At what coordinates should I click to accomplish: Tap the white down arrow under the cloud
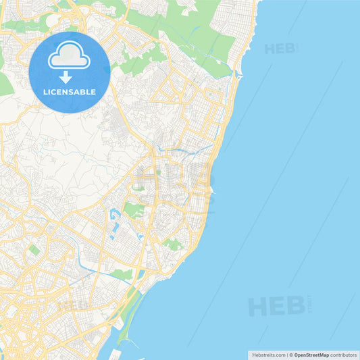(66, 77)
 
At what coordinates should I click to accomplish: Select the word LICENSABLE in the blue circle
(69, 92)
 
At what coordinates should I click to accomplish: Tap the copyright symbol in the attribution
(291, 355)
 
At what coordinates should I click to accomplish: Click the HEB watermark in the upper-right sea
(280, 49)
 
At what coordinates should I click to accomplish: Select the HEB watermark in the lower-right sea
(277, 306)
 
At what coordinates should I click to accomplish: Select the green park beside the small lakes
(134, 210)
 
